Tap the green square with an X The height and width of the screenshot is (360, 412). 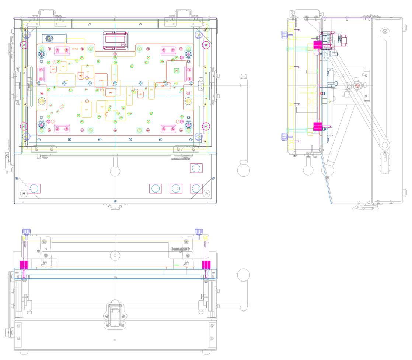(x=177, y=71)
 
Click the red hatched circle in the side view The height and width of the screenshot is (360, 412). (x=357, y=86)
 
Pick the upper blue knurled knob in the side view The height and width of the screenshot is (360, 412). (x=284, y=35)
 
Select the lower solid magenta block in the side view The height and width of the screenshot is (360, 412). (x=318, y=127)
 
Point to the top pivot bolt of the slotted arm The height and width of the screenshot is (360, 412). (x=385, y=32)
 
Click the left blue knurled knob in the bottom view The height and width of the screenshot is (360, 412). (x=26, y=231)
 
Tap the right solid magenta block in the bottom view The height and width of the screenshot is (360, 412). (x=206, y=265)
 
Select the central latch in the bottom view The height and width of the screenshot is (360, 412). (x=115, y=314)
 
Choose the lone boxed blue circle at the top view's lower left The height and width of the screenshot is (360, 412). (x=34, y=189)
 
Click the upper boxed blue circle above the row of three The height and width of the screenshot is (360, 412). (x=196, y=168)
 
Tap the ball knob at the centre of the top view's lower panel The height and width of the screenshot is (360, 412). (x=115, y=171)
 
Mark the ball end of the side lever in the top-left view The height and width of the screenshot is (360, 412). (x=243, y=170)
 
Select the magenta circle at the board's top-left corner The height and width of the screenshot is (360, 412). (x=24, y=45)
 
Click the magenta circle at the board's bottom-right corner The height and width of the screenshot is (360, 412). (x=206, y=126)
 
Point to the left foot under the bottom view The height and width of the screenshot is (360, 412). (x=24, y=353)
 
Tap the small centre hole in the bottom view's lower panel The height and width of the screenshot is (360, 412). (x=115, y=340)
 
